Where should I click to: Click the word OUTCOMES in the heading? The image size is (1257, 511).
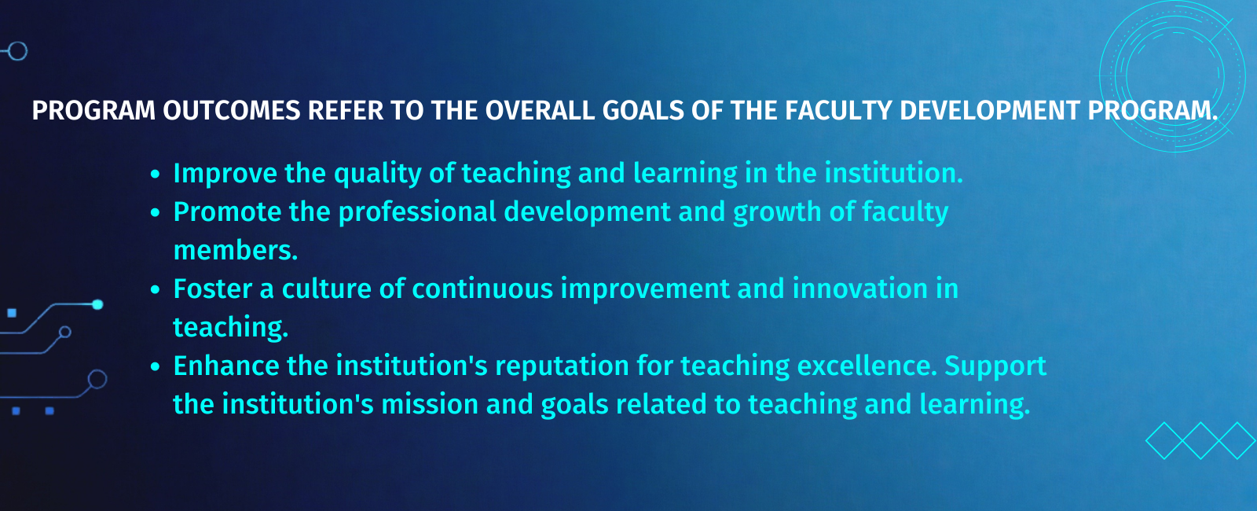[x=232, y=111]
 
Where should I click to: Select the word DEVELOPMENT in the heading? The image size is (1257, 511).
[x=990, y=111]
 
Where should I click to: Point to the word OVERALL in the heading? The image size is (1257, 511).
[x=540, y=111]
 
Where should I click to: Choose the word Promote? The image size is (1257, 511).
[x=227, y=212]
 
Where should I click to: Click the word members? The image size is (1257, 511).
[x=236, y=251]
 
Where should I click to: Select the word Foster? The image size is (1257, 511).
[x=213, y=289]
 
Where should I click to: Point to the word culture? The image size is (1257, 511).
[x=327, y=289]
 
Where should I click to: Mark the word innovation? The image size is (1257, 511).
[x=859, y=289]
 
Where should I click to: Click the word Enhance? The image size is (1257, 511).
[x=226, y=366]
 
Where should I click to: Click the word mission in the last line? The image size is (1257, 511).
[x=429, y=405]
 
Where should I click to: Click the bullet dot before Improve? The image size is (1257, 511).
[x=156, y=174]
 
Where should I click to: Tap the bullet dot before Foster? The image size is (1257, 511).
[x=156, y=290]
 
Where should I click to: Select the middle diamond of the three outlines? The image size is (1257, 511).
[x=1200, y=441]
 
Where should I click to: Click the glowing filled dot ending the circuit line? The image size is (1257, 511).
[x=97, y=304]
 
